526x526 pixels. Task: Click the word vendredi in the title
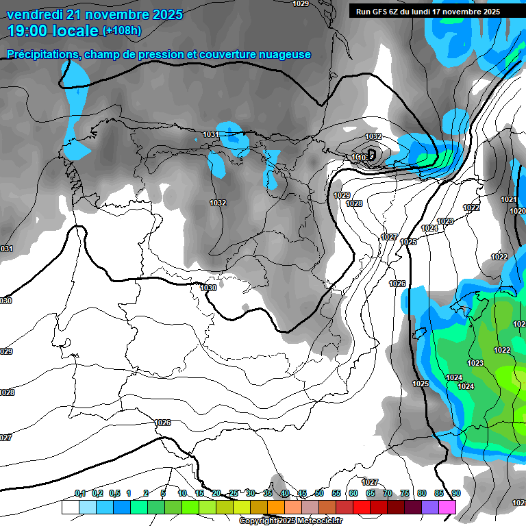(x=32, y=14)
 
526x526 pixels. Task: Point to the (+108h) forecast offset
(x=122, y=31)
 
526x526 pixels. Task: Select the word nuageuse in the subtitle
(x=284, y=54)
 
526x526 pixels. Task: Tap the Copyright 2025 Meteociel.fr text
(x=290, y=521)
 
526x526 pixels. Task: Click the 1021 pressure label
(x=508, y=199)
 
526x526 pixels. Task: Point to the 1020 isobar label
(x=518, y=211)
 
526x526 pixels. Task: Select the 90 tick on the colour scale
(x=455, y=493)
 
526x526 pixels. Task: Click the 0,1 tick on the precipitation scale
(x=80, y=493)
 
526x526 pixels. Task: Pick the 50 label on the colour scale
(x=319, y=493)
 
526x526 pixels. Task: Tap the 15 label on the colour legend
(x=199, y=493)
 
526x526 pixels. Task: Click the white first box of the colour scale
(x=70, y=507)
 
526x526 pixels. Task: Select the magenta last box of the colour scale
(x=447, y=507)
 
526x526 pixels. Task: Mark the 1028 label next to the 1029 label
(x=354, y=203)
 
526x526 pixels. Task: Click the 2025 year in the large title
(x=158, y=14)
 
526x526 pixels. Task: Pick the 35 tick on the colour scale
(x=268, y=493)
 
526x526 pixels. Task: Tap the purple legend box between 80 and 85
(x=430, y=507)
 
